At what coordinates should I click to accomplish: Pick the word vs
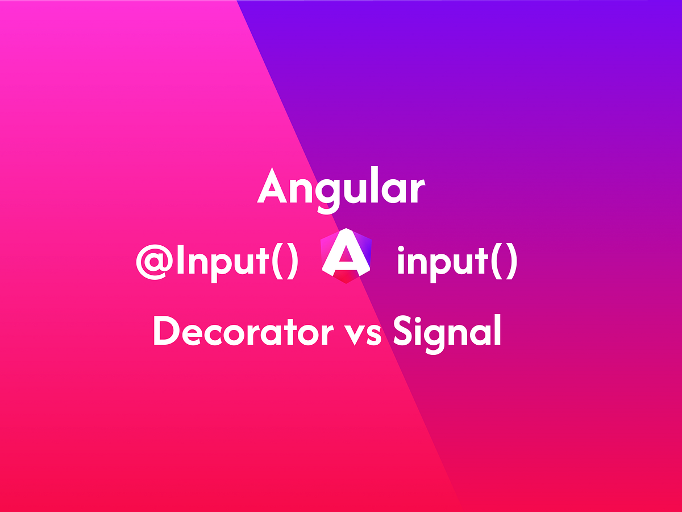point(366,335)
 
